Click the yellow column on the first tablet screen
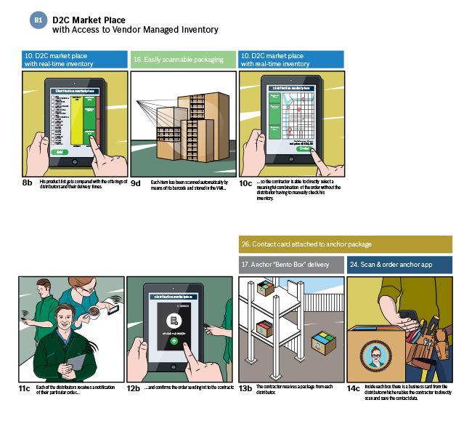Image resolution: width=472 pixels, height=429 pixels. (x=76, y=120)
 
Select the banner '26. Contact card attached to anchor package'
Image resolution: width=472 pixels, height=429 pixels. (x=345, y=244)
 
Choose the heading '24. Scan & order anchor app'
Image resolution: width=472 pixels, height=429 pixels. (x=399, y=265)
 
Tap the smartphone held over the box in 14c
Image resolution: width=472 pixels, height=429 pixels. (x=407, y=315)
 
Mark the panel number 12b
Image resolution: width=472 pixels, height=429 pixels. (x=134, y=388)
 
